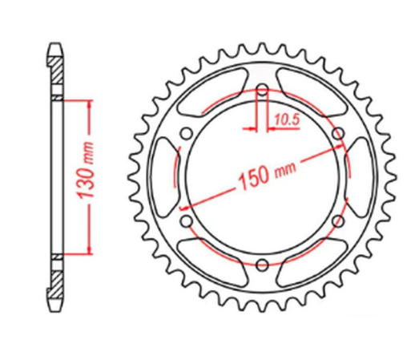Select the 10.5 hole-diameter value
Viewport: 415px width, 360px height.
pyautogui.click(x=281, y=119)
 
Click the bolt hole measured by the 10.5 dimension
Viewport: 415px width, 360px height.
pyautogui.click(x=261, y=89)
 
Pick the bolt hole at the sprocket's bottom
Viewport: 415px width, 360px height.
pyautogui.click(x=261, y=264)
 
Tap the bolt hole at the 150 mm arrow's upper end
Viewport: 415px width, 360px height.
pyautogui.click(x=337, y=133)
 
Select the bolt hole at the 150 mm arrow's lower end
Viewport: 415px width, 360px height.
pyautogui.click(x=186, y=220)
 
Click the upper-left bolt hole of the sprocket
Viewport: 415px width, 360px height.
pyautogui.click(x=186, y=133)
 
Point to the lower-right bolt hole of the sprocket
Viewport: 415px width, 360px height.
pyautogui.click(x=337, y=220)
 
